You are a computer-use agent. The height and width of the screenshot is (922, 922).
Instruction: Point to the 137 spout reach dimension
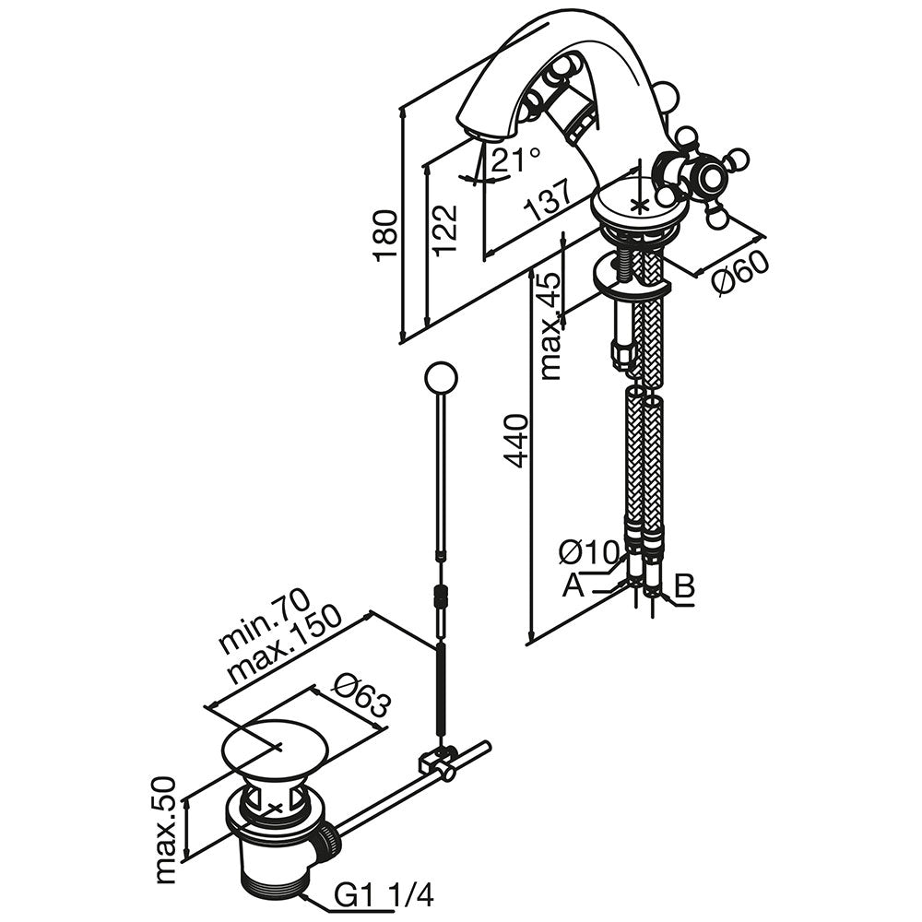(x=548, y=197)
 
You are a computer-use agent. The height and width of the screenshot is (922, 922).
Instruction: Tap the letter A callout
(x=573, y=585)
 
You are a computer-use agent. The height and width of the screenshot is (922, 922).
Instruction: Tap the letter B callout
(x=683, y=585)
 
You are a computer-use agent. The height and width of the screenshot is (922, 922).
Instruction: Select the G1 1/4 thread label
(x=384, y=894)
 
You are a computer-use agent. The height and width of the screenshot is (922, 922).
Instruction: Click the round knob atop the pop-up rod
(x=440, y=378)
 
